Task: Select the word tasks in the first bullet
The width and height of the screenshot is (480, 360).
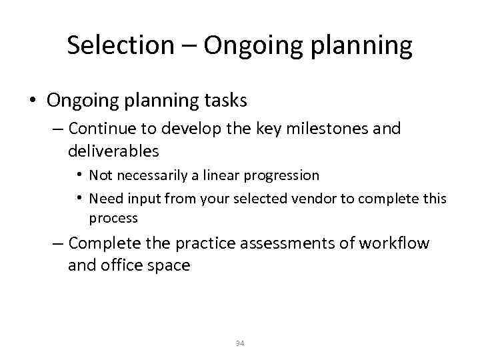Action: [x=225, y=101]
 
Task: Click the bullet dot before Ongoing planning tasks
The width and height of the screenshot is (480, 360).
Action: [x=32, y=101]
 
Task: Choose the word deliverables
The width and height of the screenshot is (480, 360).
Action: [x=113, y=151]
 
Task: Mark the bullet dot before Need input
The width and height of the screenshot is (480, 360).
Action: [x=79, y=198]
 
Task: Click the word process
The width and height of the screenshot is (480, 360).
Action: [x=113, y=219]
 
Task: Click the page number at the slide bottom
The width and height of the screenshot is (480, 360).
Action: [x=240, y=343]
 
